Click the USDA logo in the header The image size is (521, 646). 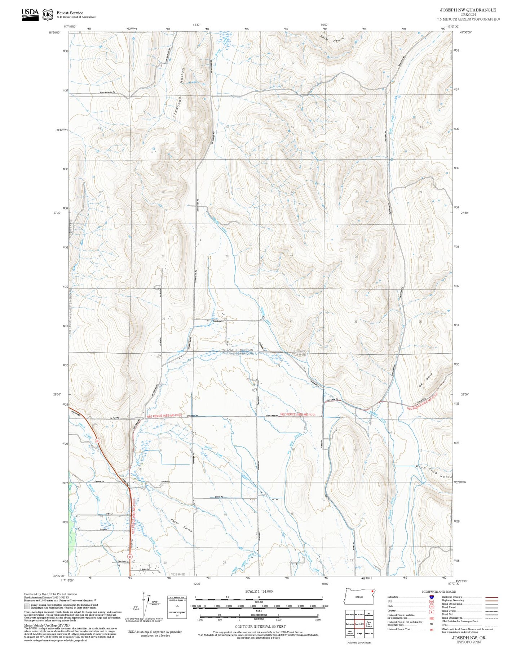coord(30,14)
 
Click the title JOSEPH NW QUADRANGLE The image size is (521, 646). coord(468,10)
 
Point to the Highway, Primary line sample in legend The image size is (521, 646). coord(491,597)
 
